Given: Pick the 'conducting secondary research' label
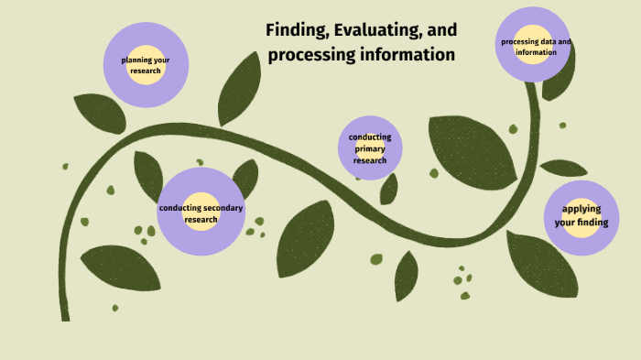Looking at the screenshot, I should click(x=201, y=213).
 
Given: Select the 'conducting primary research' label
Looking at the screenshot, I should click(x=370, y=148).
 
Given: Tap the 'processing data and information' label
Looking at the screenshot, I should click(x=536, y=47).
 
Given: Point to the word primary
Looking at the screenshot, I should click(x=370, y=148).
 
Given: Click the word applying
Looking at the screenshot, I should click(x=581, y=208).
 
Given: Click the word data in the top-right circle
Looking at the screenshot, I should click(x=546, y=42).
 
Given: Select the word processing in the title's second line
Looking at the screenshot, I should click(x=310, y=55).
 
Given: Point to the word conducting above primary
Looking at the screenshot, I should click(x=370, y=137).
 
